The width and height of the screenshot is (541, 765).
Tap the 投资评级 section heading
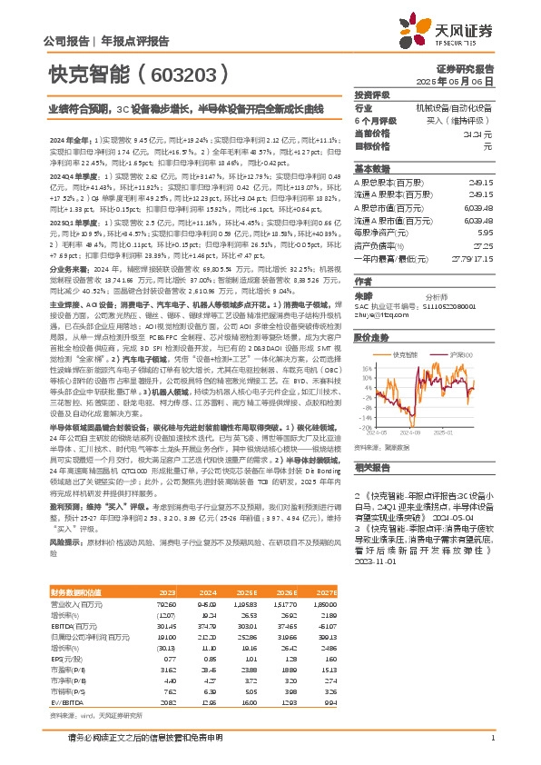tap(370, 95)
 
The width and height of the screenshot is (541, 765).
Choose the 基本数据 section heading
tap(370, 168)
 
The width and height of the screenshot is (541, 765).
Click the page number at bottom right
tap(491, 737)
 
